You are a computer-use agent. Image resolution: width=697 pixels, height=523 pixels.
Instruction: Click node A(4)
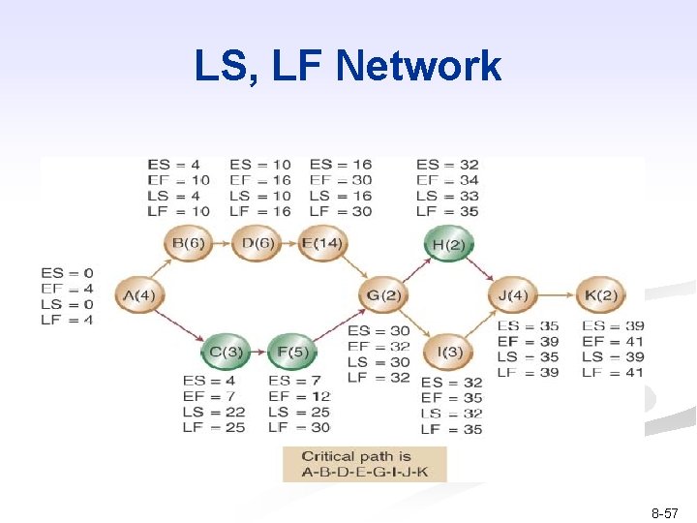140,294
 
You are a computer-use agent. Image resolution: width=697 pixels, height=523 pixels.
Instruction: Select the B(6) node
189,243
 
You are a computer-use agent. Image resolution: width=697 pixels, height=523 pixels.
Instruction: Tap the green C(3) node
226,352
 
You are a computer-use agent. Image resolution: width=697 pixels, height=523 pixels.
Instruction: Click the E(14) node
321,243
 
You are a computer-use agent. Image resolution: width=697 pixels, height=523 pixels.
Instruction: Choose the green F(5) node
291,352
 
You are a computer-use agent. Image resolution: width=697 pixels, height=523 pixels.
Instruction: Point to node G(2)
384,294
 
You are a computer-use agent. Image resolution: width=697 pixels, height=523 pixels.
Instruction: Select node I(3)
449,352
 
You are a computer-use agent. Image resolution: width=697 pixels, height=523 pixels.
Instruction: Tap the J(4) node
513,294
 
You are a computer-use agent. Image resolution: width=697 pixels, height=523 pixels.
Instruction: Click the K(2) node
600,294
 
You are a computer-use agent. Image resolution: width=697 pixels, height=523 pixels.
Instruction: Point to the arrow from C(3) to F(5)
258,352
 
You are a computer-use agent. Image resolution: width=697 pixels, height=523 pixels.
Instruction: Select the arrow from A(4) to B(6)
162,267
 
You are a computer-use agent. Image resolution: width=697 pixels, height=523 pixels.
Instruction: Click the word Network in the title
418,67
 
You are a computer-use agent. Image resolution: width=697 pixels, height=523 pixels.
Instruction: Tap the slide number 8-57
663,514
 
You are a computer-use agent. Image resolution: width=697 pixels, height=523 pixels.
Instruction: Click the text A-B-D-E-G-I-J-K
363,473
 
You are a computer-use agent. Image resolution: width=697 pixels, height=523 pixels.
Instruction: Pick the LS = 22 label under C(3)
214,412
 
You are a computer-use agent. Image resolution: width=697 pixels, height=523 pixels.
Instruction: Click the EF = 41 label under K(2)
613,342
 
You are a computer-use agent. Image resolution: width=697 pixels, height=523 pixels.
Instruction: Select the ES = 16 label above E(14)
341,165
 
